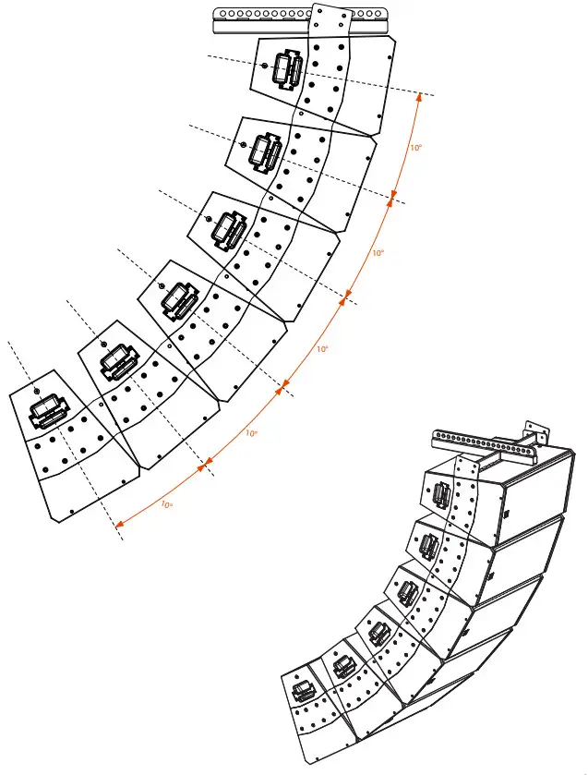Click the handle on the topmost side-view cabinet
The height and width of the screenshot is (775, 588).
[287, 69]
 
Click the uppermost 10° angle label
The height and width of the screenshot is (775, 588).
[416, 147]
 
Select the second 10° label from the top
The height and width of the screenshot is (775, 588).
[378, 252]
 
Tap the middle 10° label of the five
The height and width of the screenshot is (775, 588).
[321, 349]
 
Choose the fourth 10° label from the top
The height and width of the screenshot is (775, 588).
[250, 432]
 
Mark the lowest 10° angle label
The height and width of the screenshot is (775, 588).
[166, 503]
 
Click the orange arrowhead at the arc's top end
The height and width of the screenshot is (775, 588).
[421, 96]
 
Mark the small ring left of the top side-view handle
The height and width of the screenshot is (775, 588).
[265, 67]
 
